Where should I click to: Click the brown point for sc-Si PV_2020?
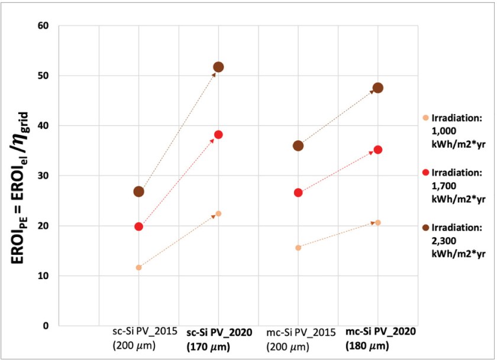[x=218, y=67]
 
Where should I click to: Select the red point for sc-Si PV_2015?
[x=138, y=226]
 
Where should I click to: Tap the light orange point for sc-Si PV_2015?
[x=138, y=267]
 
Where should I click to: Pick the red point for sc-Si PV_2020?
[x=218, y=134]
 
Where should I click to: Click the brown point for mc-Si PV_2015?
[x=298, y=145]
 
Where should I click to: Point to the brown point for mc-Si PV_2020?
[x=378, y=87]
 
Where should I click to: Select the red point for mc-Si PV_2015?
[x=298, y=192]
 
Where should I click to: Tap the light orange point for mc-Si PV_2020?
[x=378, y=222]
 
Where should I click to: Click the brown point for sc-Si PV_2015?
[x=138, y=191]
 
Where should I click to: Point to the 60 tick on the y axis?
[x=45, y=26]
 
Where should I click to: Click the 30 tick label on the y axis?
[x=45, y=176]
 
